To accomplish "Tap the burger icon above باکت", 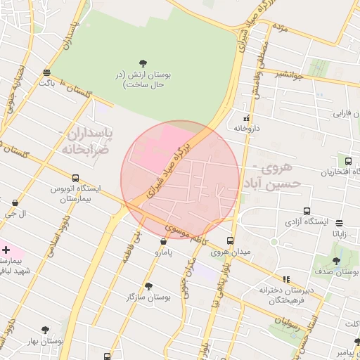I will point(46,72).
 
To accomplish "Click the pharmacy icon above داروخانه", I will point(245,118).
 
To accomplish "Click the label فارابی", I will point(342,112).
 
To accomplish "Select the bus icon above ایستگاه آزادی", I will point(307,211).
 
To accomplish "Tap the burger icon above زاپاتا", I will point(339,223).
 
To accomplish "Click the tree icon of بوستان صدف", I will point(337,261).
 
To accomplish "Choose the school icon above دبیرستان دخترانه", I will point(285,279).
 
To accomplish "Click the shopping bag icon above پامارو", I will point(164,241).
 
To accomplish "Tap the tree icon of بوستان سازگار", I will point(148,286).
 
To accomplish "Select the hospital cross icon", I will point(6,250).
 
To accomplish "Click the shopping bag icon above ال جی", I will point(15,203).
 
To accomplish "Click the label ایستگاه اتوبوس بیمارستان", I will point(75,194).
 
